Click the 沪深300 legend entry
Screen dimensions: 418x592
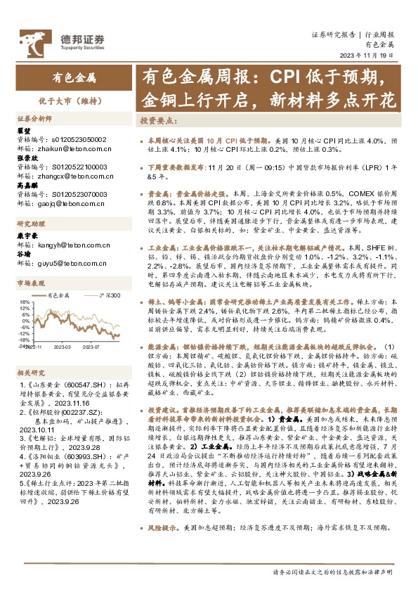point(109,296)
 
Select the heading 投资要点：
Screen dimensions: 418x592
point(158,120)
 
